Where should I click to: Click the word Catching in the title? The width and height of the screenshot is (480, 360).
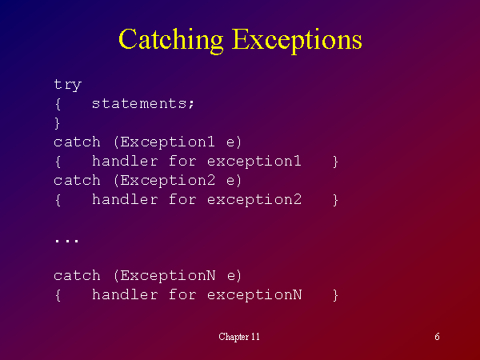point(171,40)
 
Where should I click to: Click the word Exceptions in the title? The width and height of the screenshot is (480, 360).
point(297,40)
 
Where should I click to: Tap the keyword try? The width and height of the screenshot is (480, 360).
point(68,85)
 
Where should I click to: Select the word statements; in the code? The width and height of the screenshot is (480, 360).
point(142,103)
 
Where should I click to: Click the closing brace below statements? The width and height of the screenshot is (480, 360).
point(58,123)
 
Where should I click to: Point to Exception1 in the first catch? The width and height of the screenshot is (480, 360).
point(167,142)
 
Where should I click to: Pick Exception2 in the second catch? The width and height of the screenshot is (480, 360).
point(167,180)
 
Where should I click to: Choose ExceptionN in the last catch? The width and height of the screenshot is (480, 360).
point(168,275)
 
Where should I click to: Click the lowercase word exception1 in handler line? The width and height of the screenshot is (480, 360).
point(254,162)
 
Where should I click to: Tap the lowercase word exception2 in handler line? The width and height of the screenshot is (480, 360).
point(254,199)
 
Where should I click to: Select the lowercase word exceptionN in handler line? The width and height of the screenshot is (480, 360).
point(254,294)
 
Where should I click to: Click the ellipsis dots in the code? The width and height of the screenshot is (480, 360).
point(66,241)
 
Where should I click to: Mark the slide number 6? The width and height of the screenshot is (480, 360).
point(437,337)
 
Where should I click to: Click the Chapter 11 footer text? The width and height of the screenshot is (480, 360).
point(239,337)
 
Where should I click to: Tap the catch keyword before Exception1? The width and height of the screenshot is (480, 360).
point(77,142)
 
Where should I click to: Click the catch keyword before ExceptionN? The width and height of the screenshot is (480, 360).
point(77,276)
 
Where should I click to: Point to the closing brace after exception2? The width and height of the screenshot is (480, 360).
point(335,200)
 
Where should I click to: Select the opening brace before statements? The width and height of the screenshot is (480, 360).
point(58,104)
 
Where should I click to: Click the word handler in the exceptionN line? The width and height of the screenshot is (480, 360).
point(125,294)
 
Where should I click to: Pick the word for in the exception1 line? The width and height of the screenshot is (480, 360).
point(182,161)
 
